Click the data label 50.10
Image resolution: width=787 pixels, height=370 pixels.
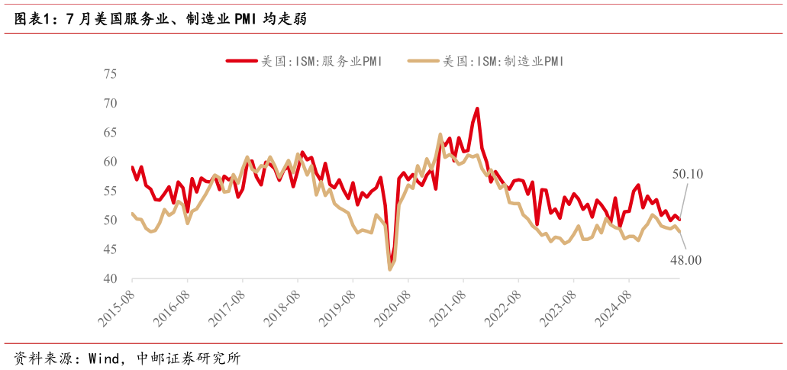(687, 175)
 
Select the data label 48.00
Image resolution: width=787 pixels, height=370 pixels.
(685, 261)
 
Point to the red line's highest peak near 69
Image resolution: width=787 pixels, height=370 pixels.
(477, 108)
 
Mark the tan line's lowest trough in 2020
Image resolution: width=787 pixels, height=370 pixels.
(390, 269)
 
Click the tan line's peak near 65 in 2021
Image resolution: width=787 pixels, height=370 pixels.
(440, 134)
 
